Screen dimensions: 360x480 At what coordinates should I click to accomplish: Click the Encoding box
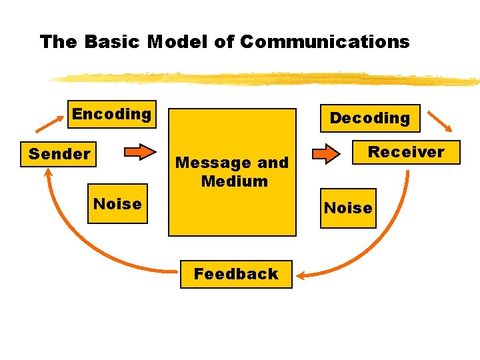(x=112, y=114)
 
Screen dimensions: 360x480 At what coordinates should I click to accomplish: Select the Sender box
(x=59, y=154)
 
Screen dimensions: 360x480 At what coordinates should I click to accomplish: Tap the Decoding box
(x=370, y=118)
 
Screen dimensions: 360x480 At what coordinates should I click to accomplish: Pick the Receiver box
(x=406, y=152)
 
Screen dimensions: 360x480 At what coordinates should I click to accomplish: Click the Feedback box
(x=236, y=274)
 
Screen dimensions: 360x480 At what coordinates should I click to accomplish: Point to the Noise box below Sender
(x=117, y=203)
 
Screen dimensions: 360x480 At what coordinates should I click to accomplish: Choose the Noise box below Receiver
(x=348, y=208)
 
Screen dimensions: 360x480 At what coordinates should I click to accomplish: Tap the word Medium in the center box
(x=234, y=181)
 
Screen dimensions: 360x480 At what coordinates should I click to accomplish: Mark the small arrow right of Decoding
(x=439, y=121)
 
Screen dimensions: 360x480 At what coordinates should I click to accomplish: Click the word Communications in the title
(x=325, y=42)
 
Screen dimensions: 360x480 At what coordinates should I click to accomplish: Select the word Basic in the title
(x=113, y=42)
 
